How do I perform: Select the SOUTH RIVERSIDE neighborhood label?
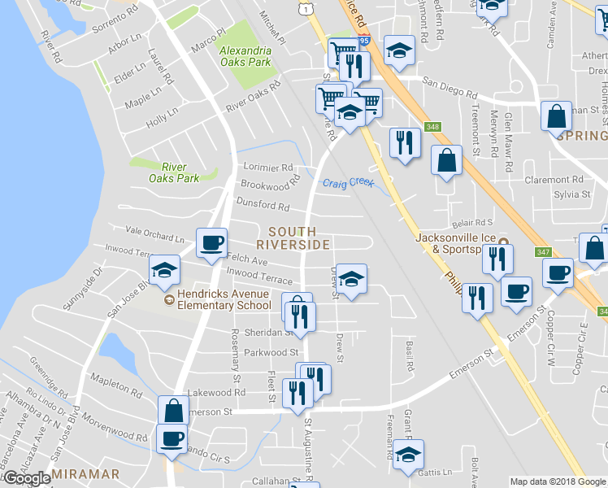pyautogui.click(x=293, y=238)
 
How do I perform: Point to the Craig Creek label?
pyautogui.click(x=349, y=183)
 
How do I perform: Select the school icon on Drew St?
pyautogui.click(x=351, y=281)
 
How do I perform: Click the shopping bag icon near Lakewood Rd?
pyautogui.click(x=174, y=411)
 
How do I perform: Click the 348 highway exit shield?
pyautogui.click(x=432, y=126)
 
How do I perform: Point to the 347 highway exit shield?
pyautogui.click(x=543, y=253)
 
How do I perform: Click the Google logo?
pyautogui.click(x=28, y=477)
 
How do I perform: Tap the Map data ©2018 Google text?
pyautogui.click(x=557, y=481)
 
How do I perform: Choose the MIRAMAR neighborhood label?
pyautogui.click(x=85, y=473)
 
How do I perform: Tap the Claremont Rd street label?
pyautogui.click(x=554, y=180)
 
